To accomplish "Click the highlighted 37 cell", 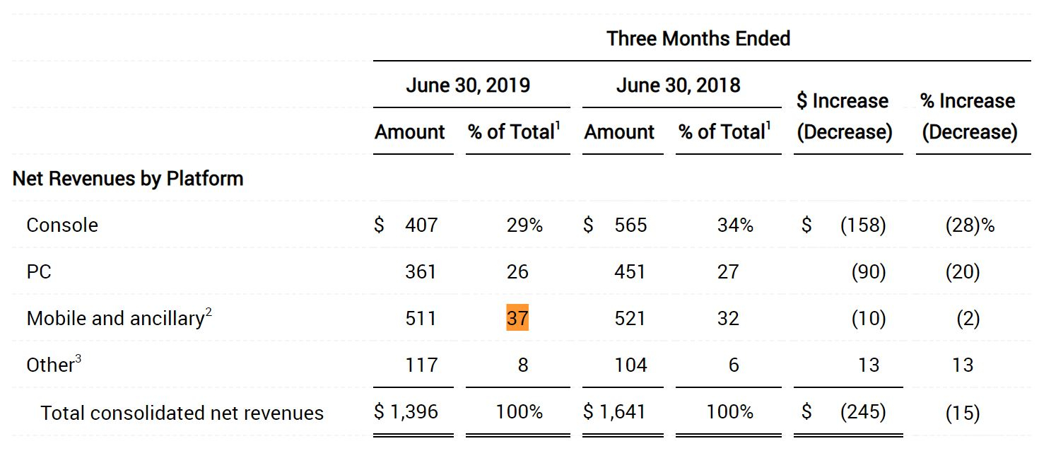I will pos(517,318).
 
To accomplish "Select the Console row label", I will pos(62,225).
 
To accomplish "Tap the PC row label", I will pos(39,272).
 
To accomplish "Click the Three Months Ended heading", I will pos(698,38).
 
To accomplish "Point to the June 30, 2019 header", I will pos(468,86).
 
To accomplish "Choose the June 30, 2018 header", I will pos(678,86).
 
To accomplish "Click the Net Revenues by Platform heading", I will pos(128,178).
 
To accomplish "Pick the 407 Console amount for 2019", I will pos(421,225).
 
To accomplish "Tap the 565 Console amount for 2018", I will pos(630,225).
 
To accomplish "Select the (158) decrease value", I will pos(862,225).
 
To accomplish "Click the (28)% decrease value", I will pos(969,225).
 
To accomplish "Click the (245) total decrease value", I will pos(862,412).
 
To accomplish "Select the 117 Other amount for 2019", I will pos(421,365).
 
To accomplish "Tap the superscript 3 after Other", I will pos(78,359).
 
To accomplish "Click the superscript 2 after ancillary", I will pos(209,312).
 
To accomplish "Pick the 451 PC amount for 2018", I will pos(630,272).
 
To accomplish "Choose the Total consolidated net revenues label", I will pos(182,413).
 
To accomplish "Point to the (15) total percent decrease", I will pos(962,413).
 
